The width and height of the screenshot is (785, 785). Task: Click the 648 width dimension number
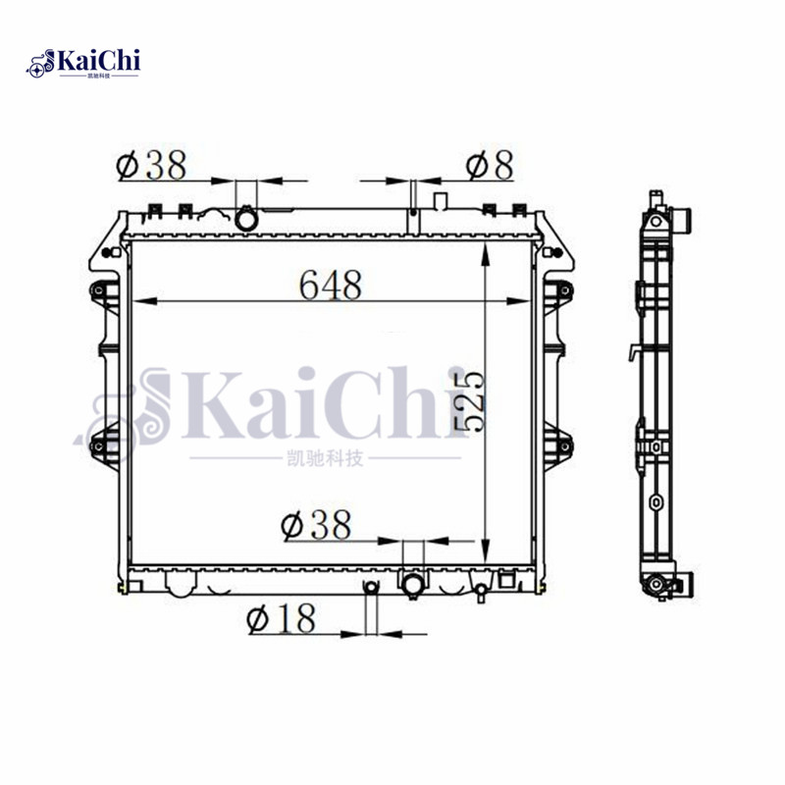tap(331, 285)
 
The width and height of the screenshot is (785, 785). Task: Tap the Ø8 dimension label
tap(489, 167)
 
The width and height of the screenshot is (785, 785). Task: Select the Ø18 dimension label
tap(283, 618)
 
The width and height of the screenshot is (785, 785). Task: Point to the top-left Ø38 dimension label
tap(151, 167)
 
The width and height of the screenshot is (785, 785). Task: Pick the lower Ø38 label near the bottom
tap(316, 526)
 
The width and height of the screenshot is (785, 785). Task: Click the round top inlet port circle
tap(246, 217)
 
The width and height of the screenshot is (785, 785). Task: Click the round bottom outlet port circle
tap(412, 586)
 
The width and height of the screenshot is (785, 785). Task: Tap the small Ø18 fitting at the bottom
tap(370, 588)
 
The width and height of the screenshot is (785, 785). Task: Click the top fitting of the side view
tap(677, 218)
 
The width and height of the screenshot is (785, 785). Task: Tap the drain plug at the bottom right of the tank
tap(481, 592)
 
